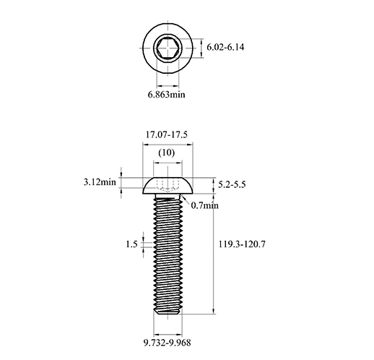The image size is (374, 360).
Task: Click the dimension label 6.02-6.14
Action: pos(225,47)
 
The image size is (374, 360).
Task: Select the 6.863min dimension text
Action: pos(167,95)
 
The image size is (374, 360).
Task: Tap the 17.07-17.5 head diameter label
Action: pos(167,134)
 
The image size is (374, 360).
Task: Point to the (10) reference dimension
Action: pos(167,153)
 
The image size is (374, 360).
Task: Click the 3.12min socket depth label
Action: pos(100,182)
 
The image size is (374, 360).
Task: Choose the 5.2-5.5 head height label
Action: pos(232,185)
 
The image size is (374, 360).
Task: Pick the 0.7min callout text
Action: pos(205,205)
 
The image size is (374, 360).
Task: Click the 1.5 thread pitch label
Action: pos(131,244)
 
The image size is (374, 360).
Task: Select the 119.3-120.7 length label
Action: pos(242,244)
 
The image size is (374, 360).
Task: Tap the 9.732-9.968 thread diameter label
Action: pos(168,343)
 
